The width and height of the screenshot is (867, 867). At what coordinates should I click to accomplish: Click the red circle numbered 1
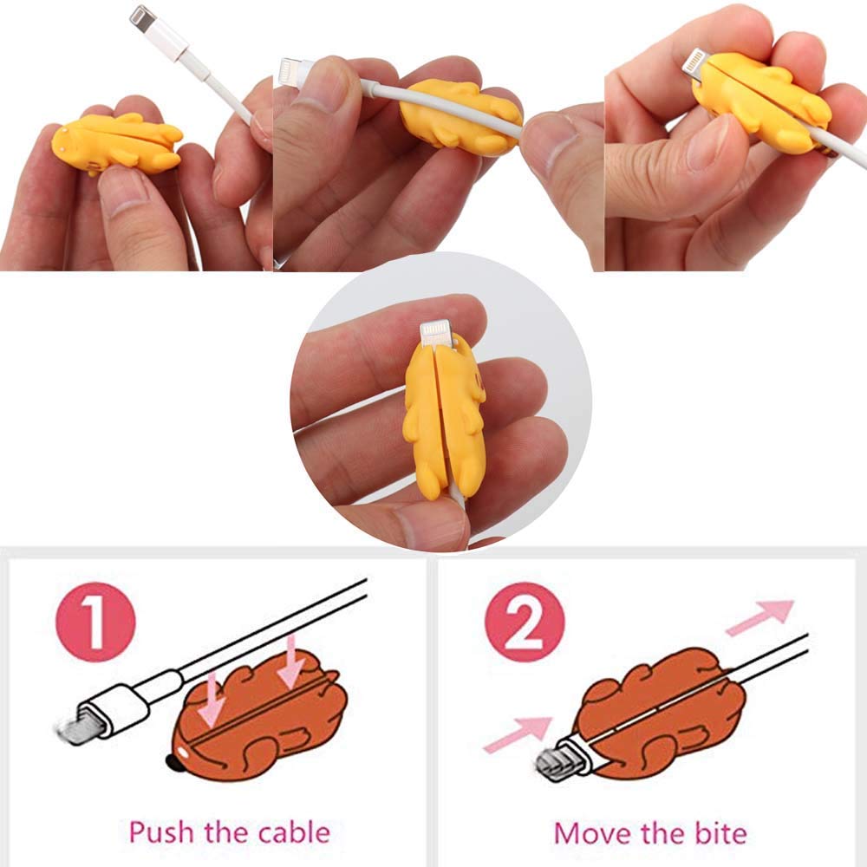coord(95,622)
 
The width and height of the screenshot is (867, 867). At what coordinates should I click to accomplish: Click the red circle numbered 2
coord(525,622)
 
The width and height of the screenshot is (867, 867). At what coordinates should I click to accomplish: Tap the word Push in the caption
coord(161,832)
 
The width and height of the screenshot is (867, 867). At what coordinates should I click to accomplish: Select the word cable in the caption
coord(294,832)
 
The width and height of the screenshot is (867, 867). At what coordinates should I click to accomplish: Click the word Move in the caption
coord(590,833)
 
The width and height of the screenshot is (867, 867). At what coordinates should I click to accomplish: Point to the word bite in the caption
coord(720,833)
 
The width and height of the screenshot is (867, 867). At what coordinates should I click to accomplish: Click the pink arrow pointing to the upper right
coord(760,617)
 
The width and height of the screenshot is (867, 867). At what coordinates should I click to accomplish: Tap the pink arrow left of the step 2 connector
coord(518,734)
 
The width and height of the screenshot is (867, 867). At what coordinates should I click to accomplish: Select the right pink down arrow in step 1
coord(290,662)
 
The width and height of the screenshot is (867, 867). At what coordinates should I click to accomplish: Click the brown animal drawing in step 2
coord(657,714)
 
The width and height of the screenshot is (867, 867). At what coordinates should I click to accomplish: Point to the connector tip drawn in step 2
coord(553,764)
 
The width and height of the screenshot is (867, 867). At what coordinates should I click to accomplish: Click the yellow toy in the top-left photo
coord(117,144)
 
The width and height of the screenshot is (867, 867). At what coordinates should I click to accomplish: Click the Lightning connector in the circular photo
coord(436,335)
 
